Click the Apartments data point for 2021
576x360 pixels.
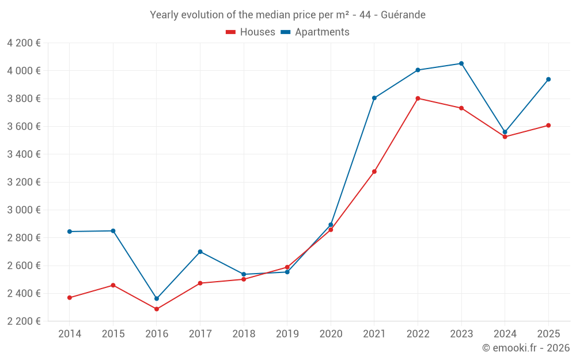(374, 98)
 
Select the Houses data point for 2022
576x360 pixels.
(418, 98)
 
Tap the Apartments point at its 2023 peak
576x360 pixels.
(461, 63)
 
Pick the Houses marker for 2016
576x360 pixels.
(157, 309)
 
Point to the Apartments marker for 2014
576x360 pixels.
(70, 232)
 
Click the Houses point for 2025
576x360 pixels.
(548, 126)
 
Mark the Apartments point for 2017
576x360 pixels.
(200, 252)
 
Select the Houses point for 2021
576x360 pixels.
(374, 172)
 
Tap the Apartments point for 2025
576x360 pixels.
(548, 79)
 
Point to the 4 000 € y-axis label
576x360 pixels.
(24, 71)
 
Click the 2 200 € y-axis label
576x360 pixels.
(24, 321)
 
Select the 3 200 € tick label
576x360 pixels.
(24, 182)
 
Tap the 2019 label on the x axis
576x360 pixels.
(287, 334)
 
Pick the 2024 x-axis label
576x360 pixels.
(505, 334)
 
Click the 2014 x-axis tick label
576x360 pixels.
(70, 334)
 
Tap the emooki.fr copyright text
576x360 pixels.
(526, 348)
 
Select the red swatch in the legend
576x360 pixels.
(230, 32)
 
